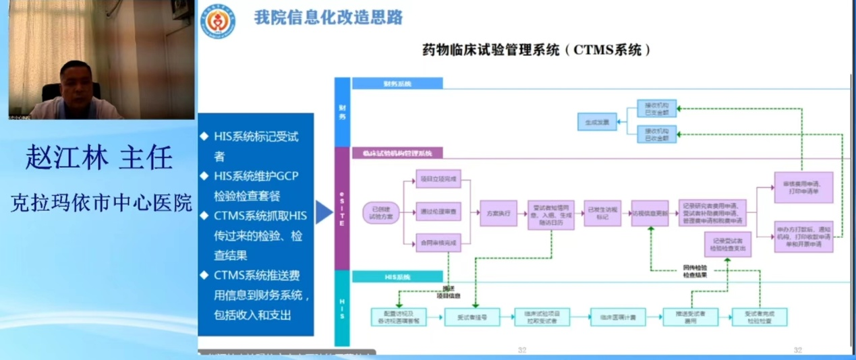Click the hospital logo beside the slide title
point(217,21)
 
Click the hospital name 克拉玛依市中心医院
point(101,203)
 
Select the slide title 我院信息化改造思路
point(329,18)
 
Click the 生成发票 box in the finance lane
point(597,122)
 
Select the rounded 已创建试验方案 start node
point(381,212)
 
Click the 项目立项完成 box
point(438,179)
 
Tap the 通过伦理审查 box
point(438,212)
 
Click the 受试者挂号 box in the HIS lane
point(472,317)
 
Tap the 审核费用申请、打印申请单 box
point(803,187)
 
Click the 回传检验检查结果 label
point(695,271)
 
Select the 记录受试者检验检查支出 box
point(728,244)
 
